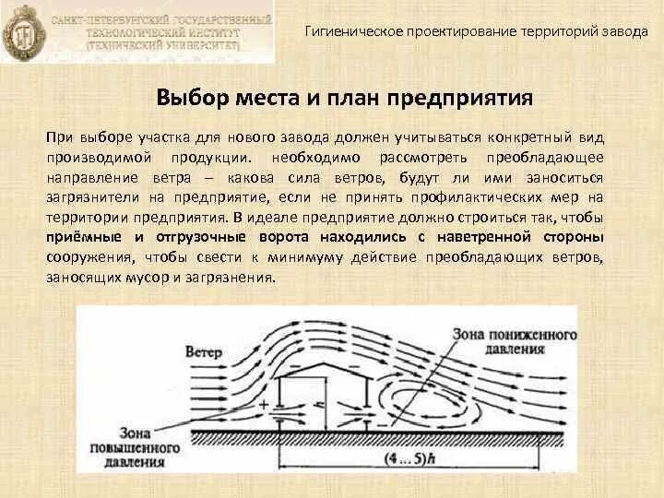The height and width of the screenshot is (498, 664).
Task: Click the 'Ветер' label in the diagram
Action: point(204,352)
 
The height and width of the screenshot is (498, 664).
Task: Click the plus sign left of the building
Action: point(265,404)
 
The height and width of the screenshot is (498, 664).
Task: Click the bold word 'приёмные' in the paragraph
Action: point(78,237)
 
